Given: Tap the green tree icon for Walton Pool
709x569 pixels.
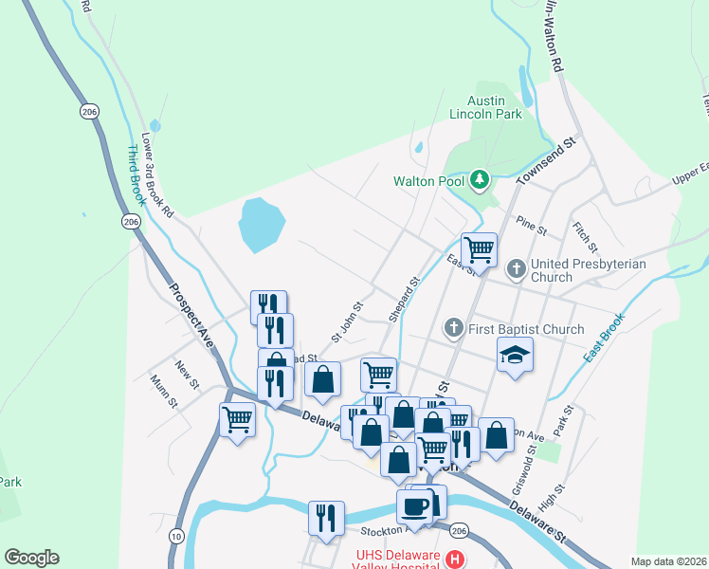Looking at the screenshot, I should click(481, 179).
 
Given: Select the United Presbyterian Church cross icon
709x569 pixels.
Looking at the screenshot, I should click(516, 269).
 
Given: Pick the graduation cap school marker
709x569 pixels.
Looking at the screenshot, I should click(515, 355).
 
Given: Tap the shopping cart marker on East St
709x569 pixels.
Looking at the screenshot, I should click(480, 250).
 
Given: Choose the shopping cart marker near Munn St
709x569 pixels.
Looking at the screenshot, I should click(236, 418).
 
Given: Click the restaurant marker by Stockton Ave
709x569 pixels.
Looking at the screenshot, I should click(326, 518).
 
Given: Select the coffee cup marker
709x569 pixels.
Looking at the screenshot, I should click(414, 505).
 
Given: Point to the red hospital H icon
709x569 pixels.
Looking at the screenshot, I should click(455, 559).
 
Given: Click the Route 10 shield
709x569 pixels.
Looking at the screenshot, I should click(176, 537).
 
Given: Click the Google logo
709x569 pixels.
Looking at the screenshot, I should click(31, 558).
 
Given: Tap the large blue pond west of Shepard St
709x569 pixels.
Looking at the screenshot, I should click(261, 224).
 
